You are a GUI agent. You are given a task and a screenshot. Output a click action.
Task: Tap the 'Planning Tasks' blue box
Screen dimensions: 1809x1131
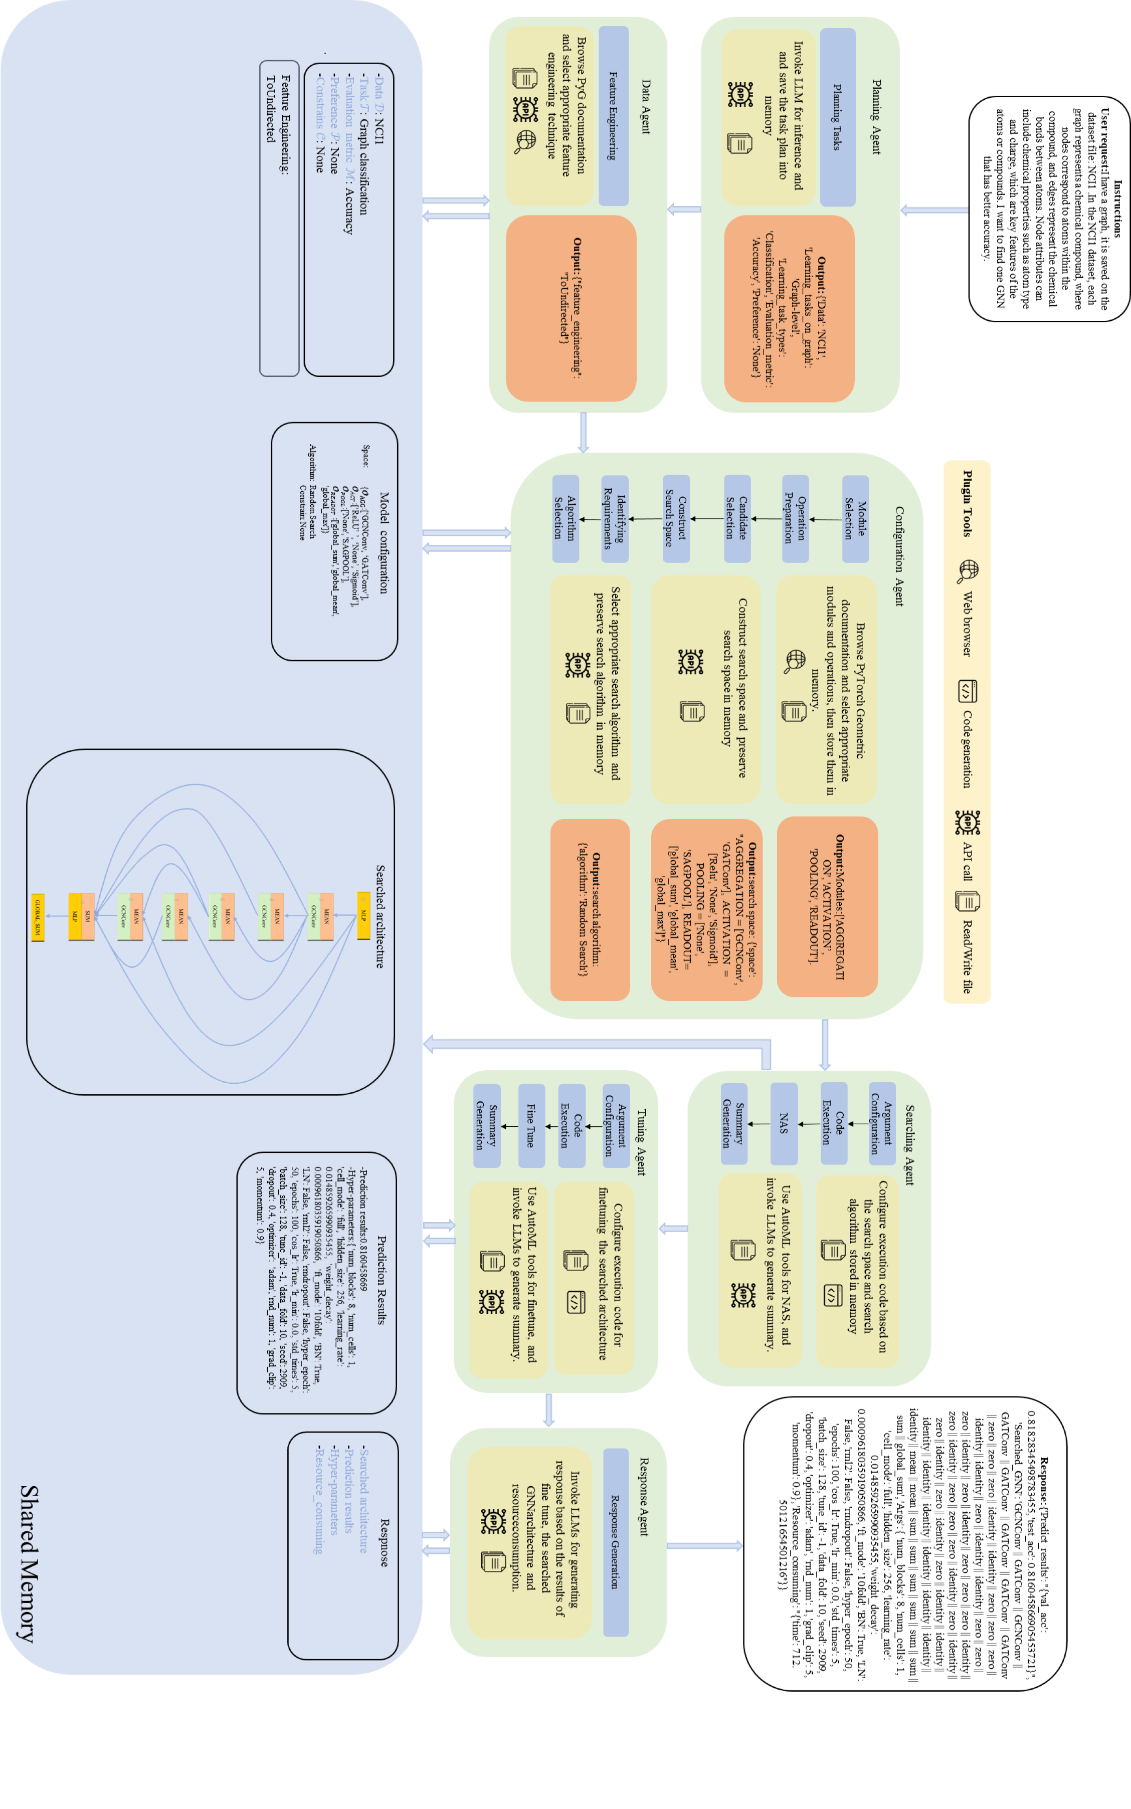(838, 117)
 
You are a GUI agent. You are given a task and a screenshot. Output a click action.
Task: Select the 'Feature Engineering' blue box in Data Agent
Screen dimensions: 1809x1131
(613, 116)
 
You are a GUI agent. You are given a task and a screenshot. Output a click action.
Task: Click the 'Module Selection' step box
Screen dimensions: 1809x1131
(855, 519)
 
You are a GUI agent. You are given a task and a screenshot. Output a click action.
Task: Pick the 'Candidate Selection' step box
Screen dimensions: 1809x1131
(737, 518)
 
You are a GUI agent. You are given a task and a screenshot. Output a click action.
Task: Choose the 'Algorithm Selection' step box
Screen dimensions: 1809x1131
(565, 518)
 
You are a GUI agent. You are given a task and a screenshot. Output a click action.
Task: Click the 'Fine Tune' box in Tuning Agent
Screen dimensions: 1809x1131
(531, 1125)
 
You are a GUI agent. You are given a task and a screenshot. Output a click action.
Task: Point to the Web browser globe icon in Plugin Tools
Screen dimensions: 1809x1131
(968, 570)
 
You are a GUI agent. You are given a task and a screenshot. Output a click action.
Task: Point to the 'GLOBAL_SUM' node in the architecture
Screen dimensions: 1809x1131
(38, 918)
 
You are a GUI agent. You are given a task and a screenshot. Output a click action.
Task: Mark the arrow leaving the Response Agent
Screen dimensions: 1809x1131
(703, 1546)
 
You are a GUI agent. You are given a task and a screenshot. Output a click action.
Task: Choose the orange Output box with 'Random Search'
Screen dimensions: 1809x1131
(590, 909)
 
